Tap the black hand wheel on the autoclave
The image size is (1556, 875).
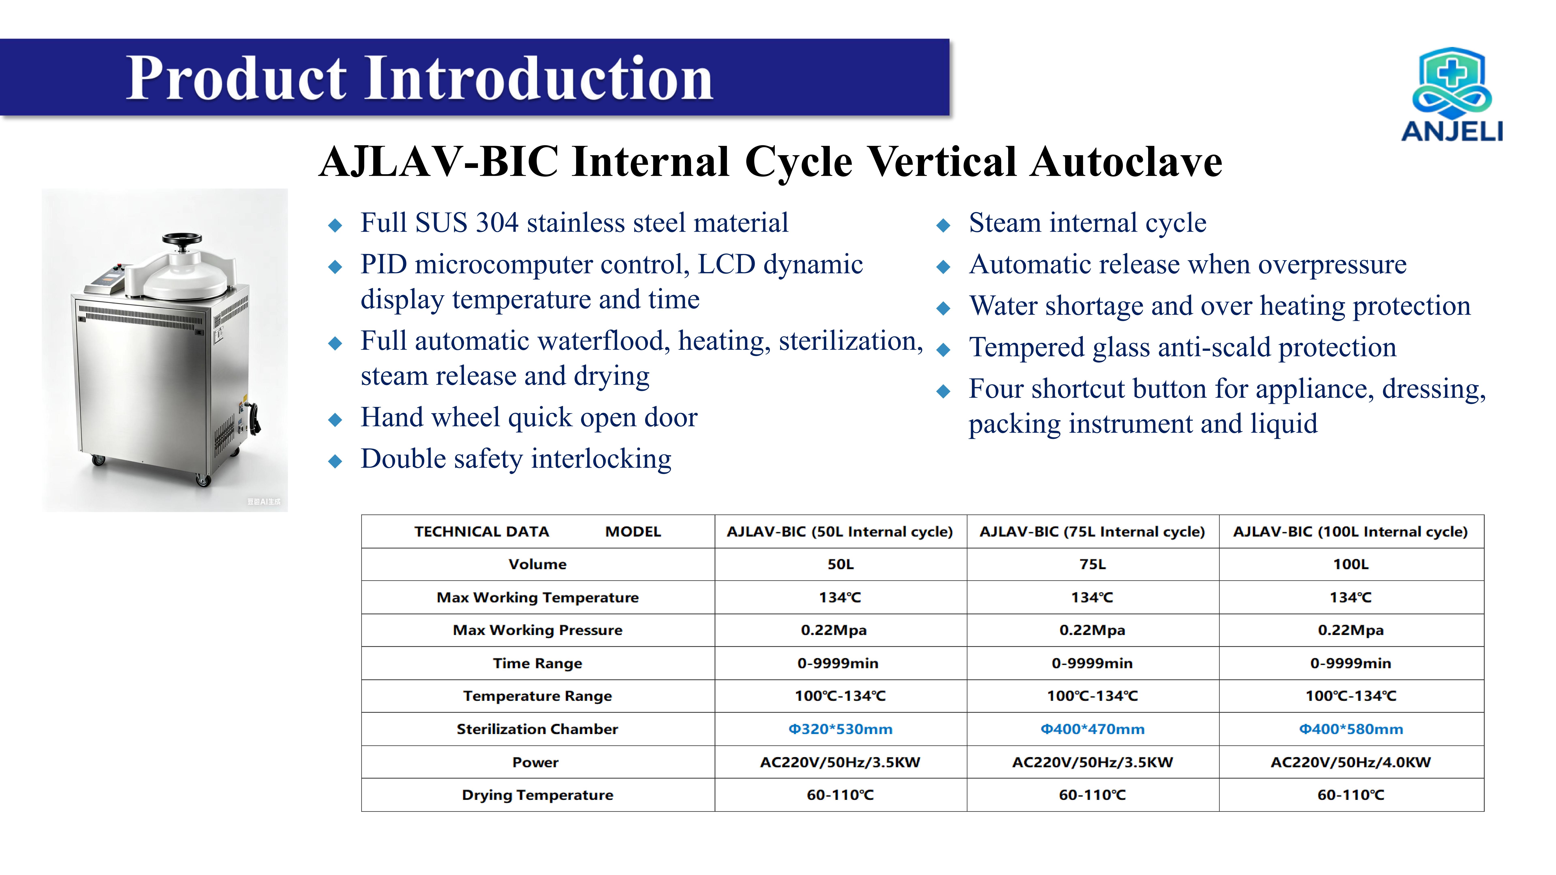[x=182, y=239]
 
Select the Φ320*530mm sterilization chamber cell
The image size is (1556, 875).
[x=840, y=729]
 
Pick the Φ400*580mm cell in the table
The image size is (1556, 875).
[x=1351, y=729]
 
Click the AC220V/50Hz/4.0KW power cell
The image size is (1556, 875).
[x=1351, y=762]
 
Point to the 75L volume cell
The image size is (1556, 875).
[x=1093, y=564]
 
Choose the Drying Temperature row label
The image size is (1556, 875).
[x=538, y=795]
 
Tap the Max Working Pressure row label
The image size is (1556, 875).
[x=538, y=630]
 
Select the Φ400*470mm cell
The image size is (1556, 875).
[x=1093, y=729]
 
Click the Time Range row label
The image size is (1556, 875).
[x=538, y=663]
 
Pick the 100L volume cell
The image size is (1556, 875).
[x=1351, y=564]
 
